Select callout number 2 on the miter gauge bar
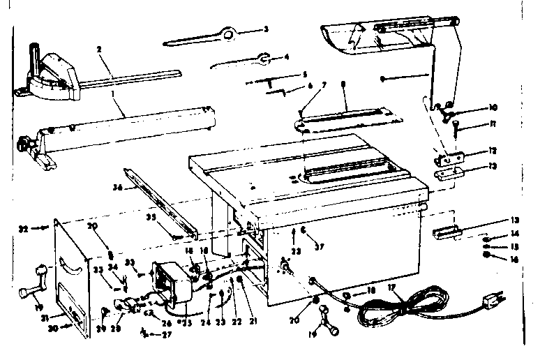(100, 51)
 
